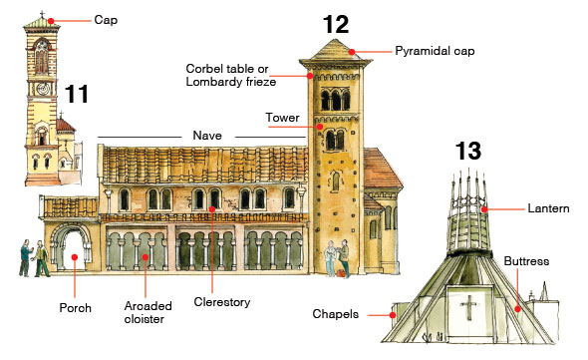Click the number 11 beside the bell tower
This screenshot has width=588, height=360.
point(77,96)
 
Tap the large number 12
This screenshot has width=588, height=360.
point(336,24)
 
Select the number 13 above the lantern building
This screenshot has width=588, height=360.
point(468,152)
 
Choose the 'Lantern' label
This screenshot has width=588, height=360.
point(549,208)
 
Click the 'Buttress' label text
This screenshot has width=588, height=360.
point(526,261)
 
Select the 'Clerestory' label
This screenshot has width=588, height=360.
point(223,302)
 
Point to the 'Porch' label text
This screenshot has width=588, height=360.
point(76,308)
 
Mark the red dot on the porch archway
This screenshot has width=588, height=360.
point(75,260)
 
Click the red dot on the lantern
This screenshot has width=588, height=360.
point(485,209)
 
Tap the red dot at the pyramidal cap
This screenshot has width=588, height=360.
point(352,51)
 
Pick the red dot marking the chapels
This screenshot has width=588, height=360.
point(394,314)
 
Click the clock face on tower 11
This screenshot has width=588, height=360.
point(41,88)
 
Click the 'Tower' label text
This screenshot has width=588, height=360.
point(282,118)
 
